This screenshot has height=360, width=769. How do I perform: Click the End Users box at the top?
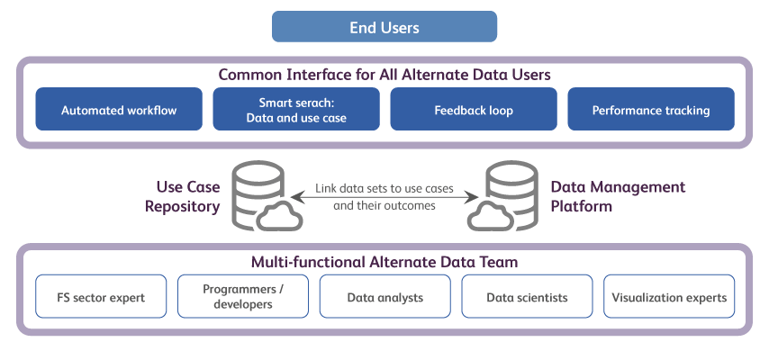[x=384, y=27]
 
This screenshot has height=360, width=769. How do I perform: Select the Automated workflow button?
[x=119, y=110]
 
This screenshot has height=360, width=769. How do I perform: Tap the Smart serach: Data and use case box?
[x=296, y=110]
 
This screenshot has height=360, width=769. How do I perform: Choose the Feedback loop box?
[x=474, y=110]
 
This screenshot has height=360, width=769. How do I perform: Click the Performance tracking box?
[x=650, y=110]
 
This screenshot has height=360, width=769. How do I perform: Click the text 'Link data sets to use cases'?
[x=384, y=190]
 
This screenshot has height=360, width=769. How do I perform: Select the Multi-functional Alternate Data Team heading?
[x=384, y=262]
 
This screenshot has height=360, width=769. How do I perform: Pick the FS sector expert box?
[x=101, y=296]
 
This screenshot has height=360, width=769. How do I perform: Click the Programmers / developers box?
[x=243, y=296]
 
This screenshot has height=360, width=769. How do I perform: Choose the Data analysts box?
[x=384, y=296]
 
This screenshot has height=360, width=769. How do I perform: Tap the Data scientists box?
[x=527, y=296]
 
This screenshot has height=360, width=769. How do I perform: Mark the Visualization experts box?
[x=668, y=296]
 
